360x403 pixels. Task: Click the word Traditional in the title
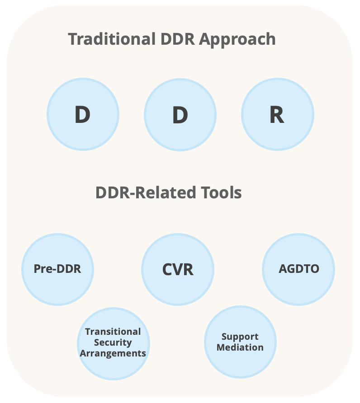coord(112,39)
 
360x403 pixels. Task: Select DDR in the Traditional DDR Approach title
coord(178,39)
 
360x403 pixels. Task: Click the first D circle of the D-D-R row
coord(83,114)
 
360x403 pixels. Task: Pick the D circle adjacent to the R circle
coord(180,115)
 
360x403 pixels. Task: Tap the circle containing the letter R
coord(278,114)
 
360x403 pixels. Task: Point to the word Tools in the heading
coord(222,193)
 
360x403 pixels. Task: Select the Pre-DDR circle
coord(57,269)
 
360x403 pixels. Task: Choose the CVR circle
coord(178,269)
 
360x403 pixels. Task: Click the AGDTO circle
coord(298,269)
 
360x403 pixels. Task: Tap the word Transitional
coord(113,332)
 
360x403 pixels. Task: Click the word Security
coord(113,342)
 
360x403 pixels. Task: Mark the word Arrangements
coord(113,353)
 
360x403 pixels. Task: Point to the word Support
coord(240,337)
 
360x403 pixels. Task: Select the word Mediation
coord(240,347)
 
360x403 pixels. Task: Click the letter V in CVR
coord(178,270)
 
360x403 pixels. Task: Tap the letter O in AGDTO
coord(314,269)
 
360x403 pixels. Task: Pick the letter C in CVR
coord(167,270)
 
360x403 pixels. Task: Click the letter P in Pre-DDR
coord(38,269)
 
